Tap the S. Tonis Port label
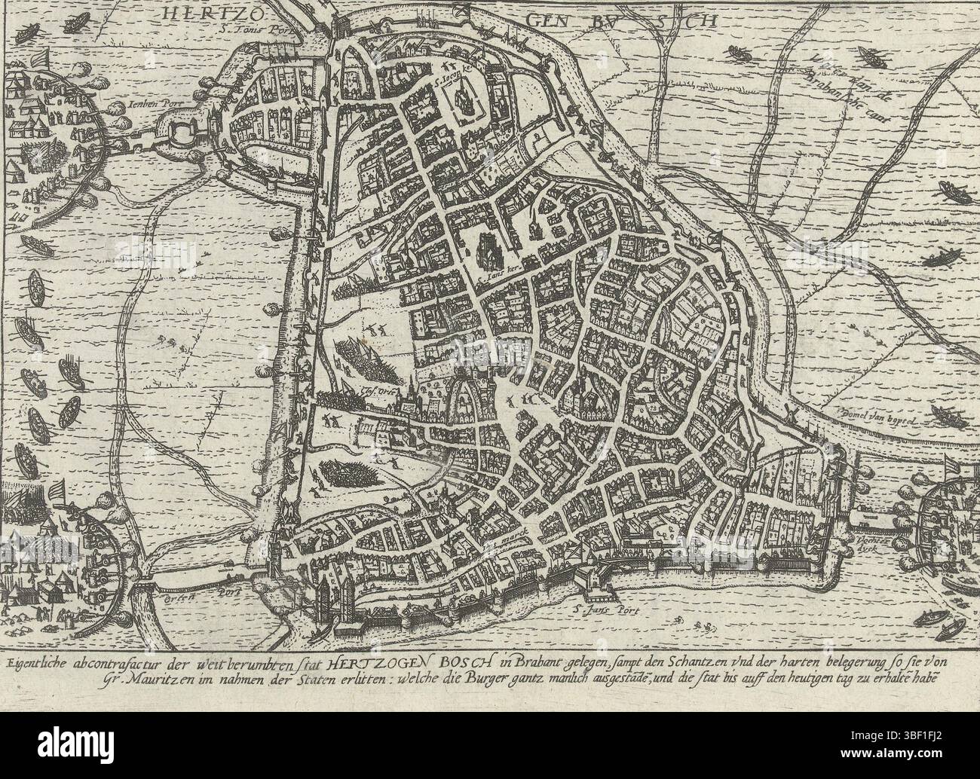coord(252,31)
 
